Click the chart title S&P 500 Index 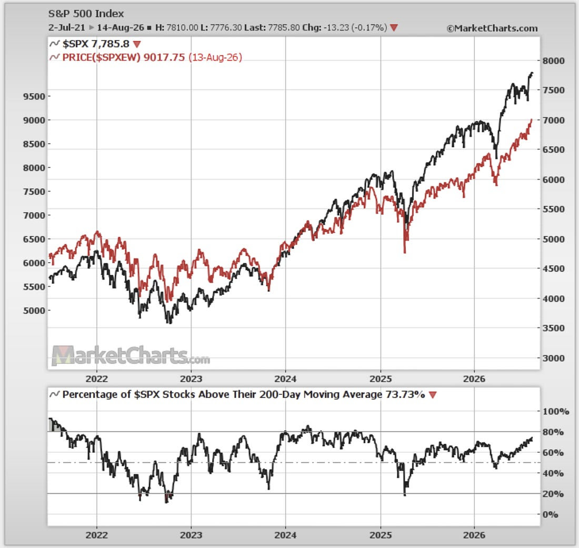(86, 14)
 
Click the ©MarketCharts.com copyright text (492, 28)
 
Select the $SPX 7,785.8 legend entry (95, 44)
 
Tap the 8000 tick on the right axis (553, 61)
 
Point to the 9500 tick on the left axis (34, 96)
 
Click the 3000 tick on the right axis (553, 358)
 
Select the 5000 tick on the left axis (34, 311)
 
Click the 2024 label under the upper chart (285, 379)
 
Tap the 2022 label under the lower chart (97, 535)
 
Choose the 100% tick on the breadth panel (555, 411)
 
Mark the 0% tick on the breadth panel (550, 514)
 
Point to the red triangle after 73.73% (433, 395)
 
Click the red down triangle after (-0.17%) (394, 28)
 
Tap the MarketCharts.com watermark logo (131, 356)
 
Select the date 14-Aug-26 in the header (121, 28)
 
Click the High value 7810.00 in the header (182, 28)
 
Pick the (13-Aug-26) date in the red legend (215, 57)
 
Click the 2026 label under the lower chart (474, 535)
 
